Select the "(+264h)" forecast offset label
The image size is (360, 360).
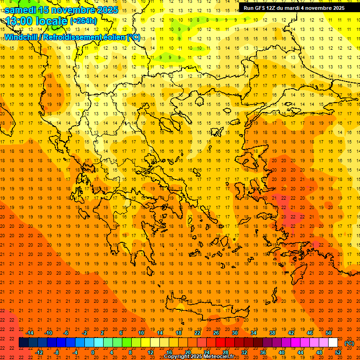point(83,21)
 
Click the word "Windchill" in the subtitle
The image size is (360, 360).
point(21,37)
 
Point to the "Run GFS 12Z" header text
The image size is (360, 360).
point(262,7)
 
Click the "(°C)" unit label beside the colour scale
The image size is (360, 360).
point(349,343)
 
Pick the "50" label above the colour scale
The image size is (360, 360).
point(328,333)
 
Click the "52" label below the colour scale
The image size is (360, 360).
point(338,352)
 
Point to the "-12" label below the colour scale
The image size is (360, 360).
point(39,352)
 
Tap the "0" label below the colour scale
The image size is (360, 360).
point(93,352)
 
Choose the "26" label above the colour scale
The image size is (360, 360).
point(216,333)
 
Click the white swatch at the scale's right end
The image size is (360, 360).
point(333,343)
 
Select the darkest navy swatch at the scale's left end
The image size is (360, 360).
point(23,343)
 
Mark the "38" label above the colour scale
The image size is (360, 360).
point(272,333)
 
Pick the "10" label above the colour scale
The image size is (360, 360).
point(141,333)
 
